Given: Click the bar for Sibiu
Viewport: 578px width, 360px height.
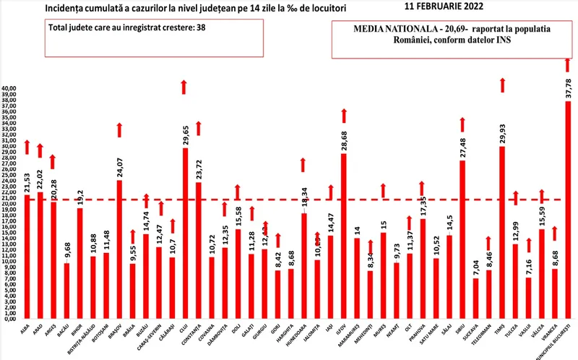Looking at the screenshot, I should coord(462,239).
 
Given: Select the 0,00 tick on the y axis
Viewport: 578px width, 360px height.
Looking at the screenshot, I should coord(12,319).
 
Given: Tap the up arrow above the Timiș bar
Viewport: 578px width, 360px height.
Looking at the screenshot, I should coord(502,85).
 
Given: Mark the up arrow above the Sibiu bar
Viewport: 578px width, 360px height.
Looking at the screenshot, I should coord(462,124).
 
